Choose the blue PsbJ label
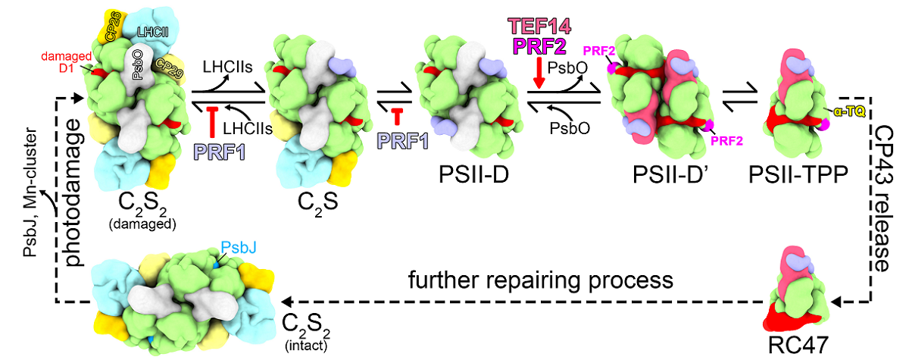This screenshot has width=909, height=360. (236, 248)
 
